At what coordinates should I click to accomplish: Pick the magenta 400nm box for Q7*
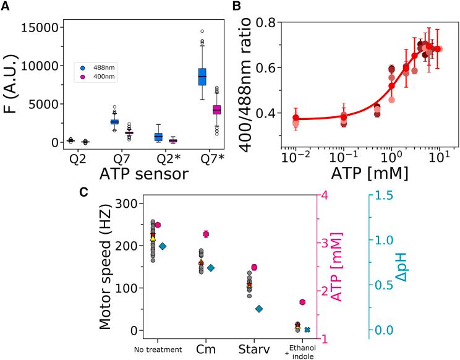point(217,109)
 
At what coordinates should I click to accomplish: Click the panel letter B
point(235,7)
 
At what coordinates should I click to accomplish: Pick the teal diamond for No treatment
point(163,246)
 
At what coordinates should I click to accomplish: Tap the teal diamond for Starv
point(259,309)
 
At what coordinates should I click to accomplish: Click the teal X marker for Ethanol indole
point(307,330)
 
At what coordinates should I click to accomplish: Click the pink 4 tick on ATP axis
point(323,195)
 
